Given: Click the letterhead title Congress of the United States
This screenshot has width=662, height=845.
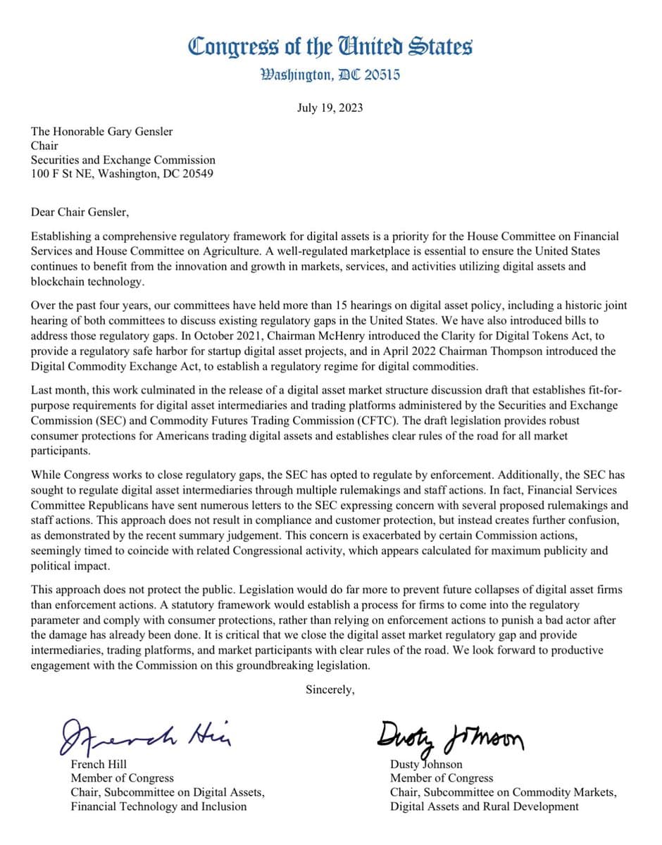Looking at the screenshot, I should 330,47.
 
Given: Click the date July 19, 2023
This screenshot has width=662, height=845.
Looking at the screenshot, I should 330,108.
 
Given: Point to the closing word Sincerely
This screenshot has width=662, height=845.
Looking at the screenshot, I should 330,689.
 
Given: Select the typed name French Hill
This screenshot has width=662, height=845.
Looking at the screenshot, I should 98,764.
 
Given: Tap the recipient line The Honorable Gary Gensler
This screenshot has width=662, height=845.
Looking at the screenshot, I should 101,131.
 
